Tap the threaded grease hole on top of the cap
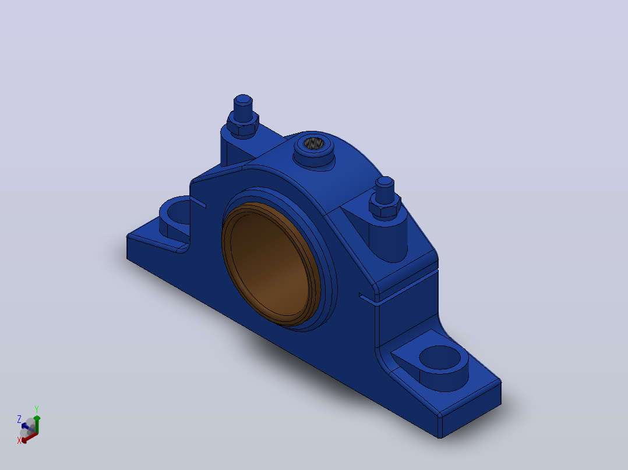tap(313, 143)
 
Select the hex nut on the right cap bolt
tap(384, 206)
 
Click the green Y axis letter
tap(37, 410)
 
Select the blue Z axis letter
tap(19, 419)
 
